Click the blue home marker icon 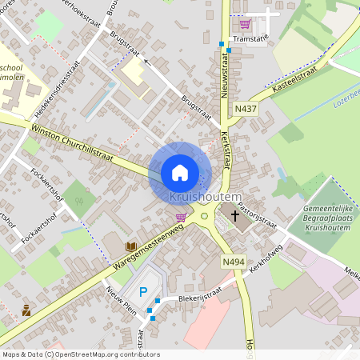[x=180, y=173]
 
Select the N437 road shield [x=246, y=108]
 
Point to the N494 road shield [x=234, y=262]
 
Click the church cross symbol [x=234, y=214]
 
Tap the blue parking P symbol [x=143, y=293]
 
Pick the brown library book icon [x=130, y=246]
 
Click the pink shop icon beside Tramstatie [x=244, y=24]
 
